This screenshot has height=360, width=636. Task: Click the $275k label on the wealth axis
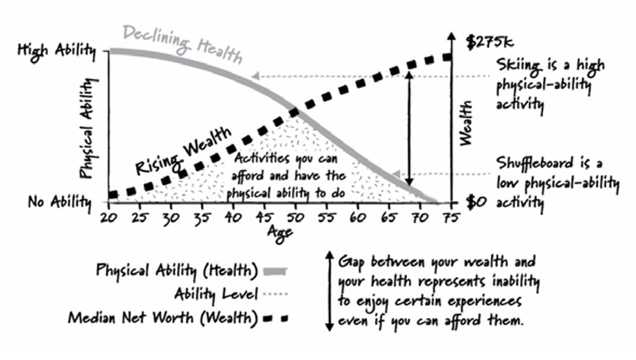point(487,42)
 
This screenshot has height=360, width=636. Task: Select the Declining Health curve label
point(183,45)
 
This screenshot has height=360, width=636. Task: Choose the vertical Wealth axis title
point(467,123)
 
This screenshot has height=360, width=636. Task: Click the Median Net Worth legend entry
point(161,317)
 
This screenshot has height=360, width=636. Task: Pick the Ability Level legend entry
point(215,294)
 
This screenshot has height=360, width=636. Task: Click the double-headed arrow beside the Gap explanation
point(329,291)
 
